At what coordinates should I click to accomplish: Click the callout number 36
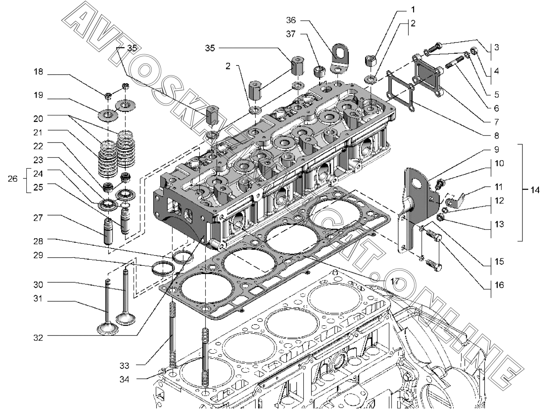click(291, 20)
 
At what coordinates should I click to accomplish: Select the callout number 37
click(291, 34)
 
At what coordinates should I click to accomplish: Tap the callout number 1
click(413, 10)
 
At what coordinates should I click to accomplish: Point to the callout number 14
click(534, 190)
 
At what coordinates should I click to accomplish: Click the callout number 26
click(12, 179)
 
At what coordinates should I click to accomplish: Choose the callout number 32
click(38, 338)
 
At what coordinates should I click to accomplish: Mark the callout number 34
click(124, 379)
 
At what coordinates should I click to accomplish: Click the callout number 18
click(38, 72)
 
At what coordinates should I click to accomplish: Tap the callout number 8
click(496, 136)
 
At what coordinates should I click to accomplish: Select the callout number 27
click(38, 218)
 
